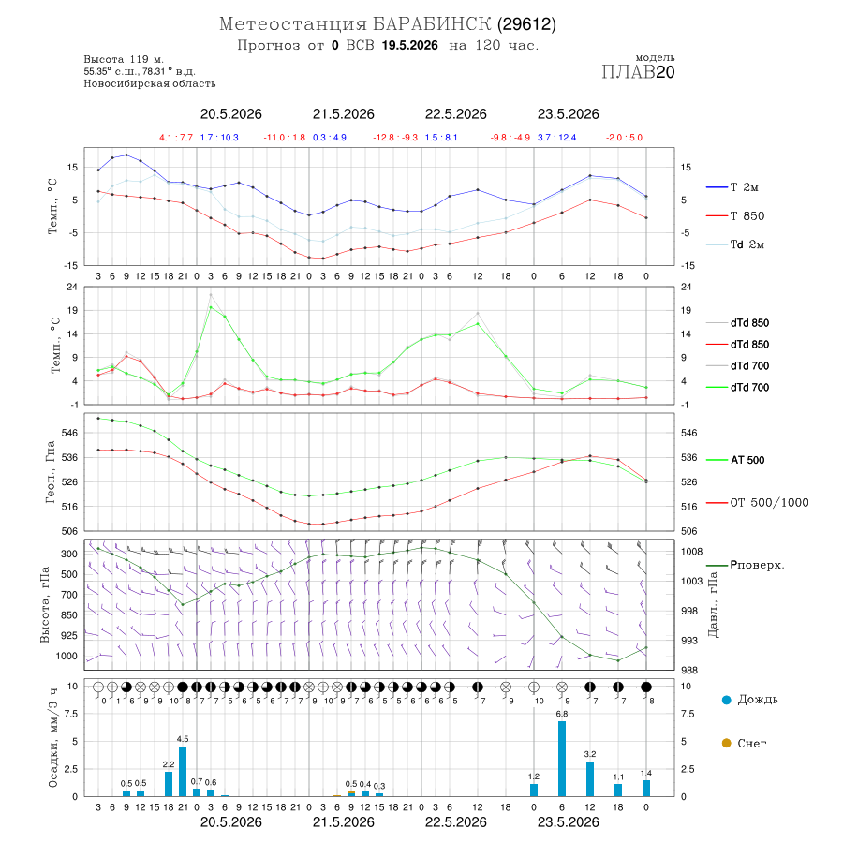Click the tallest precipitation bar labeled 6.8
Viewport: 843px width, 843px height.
(562, 759)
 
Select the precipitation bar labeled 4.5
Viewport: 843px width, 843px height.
(183, 772)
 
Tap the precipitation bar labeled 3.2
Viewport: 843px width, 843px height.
(590, 778)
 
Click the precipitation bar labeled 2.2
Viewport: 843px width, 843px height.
(169, 784)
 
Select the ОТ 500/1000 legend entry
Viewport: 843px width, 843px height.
(757, 503)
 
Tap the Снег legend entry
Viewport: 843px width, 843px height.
(744, 743)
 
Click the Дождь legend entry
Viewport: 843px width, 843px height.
(750, 700)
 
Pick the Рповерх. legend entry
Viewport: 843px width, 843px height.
(746, 565)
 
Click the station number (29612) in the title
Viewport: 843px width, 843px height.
(526, 24)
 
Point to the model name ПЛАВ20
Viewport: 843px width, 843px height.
(638, 72)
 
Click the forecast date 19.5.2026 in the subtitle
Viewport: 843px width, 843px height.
(409, 45)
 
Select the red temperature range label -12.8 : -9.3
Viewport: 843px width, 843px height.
(395, 138)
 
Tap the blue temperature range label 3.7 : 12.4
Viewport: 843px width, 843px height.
(556, 138)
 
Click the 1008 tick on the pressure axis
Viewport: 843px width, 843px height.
(691, 552)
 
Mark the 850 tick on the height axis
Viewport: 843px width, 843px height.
(68, 615)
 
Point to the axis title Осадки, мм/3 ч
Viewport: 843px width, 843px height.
(52, 738)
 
